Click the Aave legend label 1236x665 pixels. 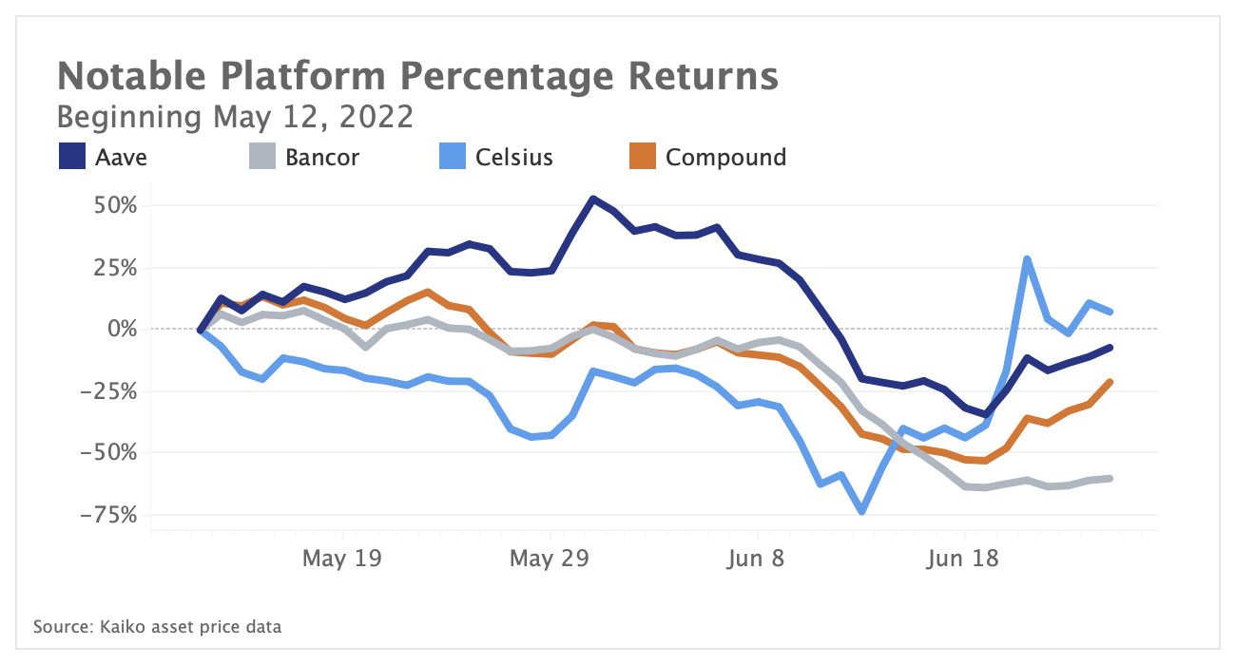121,157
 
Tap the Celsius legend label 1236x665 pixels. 513,157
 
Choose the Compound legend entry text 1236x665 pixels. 725,157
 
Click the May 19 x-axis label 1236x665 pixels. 341,559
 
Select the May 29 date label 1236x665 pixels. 550,559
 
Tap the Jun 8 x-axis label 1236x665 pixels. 758,559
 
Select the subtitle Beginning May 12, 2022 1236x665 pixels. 235,118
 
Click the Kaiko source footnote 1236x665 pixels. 157,627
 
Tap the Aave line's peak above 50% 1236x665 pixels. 592,199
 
